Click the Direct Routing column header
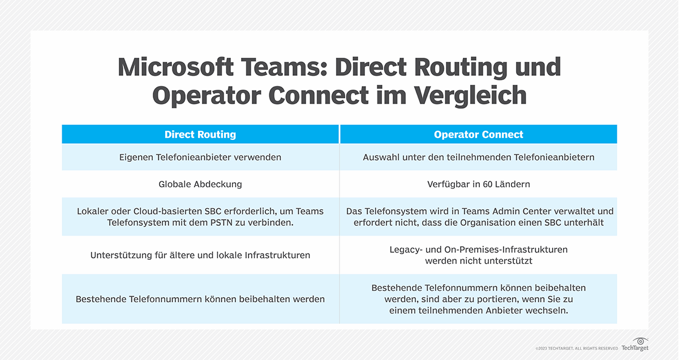(200, 134)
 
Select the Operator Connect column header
(478, 134)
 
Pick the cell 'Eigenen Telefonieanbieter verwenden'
(200, 157)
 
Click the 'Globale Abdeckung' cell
(200, 184)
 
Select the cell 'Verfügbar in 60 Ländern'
(478, 184)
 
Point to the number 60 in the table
(489, 184)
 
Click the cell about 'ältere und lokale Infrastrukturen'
(200, 255)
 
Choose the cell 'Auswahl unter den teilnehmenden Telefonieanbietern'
(478, 157)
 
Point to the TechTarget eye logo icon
(641, 341)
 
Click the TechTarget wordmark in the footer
(635, 348)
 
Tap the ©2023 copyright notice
(577, 349)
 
